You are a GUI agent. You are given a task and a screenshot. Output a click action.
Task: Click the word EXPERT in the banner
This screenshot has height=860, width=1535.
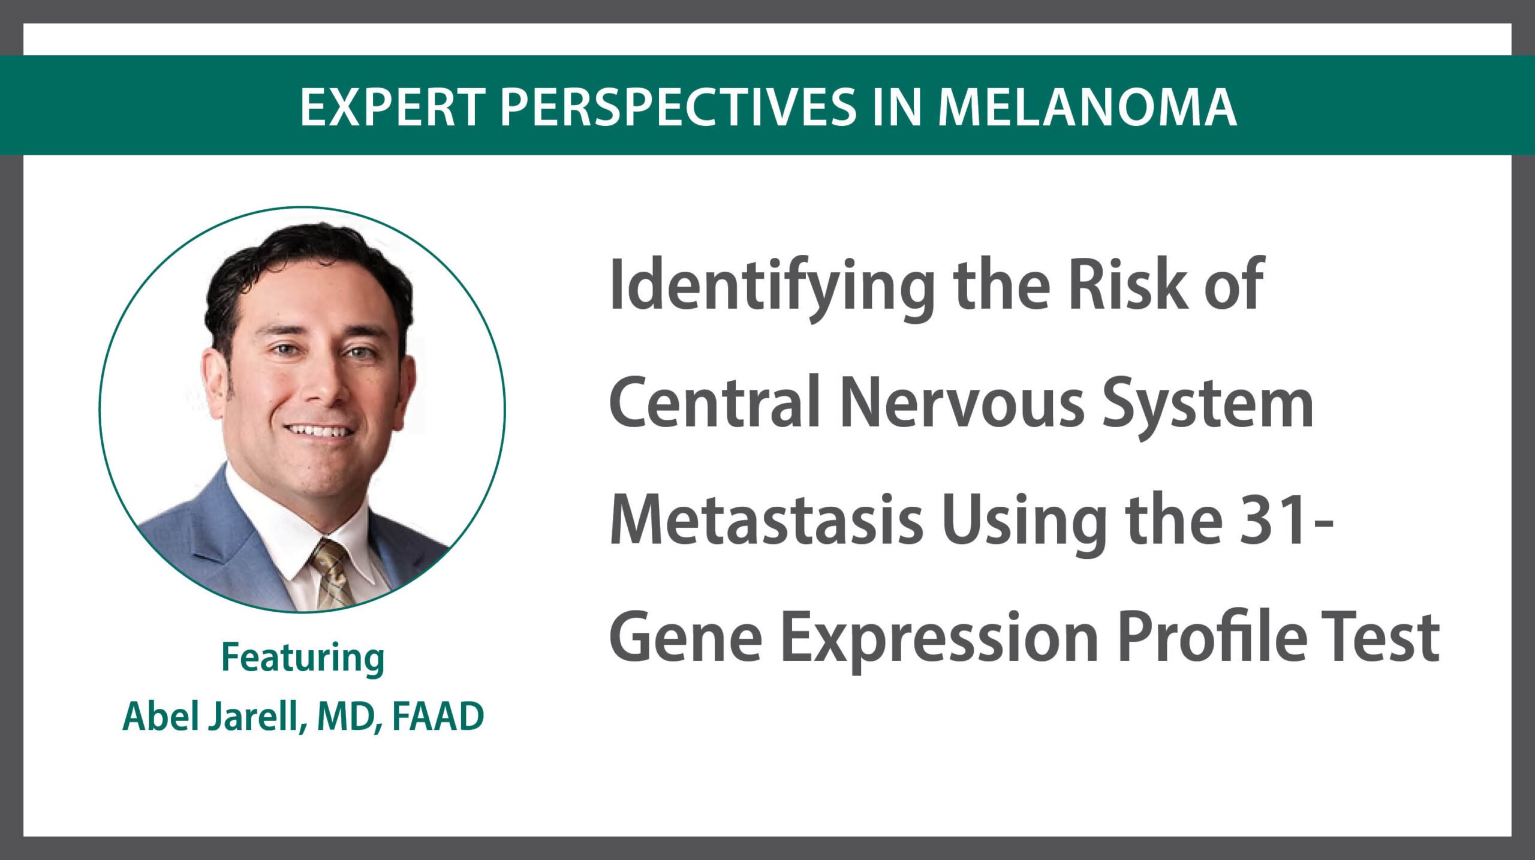[x=393, y=107]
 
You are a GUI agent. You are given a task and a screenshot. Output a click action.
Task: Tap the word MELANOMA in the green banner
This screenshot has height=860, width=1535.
[x=1086, y=107]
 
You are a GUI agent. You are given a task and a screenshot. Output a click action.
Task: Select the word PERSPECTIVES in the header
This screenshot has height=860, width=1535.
[x=678, y=107]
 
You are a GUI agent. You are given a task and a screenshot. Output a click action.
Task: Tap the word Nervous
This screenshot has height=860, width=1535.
[x=962, y=402]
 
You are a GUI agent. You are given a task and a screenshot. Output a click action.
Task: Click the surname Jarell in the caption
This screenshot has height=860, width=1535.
[x=254, y=717]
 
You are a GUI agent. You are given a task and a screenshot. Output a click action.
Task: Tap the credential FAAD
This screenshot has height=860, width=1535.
[x=438, y=716]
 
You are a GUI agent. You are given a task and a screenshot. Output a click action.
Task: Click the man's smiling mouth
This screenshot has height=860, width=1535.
[x=319, y=431]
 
